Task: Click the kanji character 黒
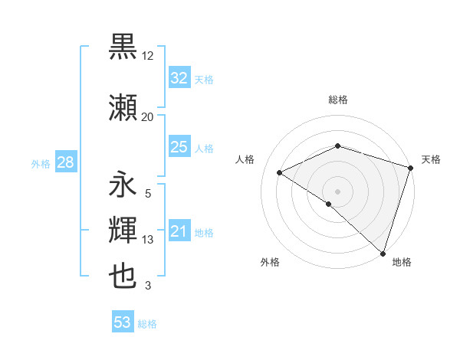[x=123, y=48]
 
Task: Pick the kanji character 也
[x=123, y=276]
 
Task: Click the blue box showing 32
[x=179, y=78]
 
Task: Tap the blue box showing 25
[x=179, y=147]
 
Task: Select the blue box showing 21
[x=179, y=231]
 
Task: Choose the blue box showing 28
[x=64, y=162]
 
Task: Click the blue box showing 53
[x=123, y=322]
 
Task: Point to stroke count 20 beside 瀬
[x=147, y=117]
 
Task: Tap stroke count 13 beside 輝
[x=148, y=240]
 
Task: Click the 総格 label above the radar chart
[x=337, y=100]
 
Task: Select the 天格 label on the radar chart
[x=431, y=159]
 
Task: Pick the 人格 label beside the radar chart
[x=245, y=159]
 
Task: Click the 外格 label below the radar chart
[x=270, y=262]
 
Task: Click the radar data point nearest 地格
[x=383, y=254]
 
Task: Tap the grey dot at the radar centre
[x=337, y=191]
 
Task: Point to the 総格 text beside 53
[x=147, y=323]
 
